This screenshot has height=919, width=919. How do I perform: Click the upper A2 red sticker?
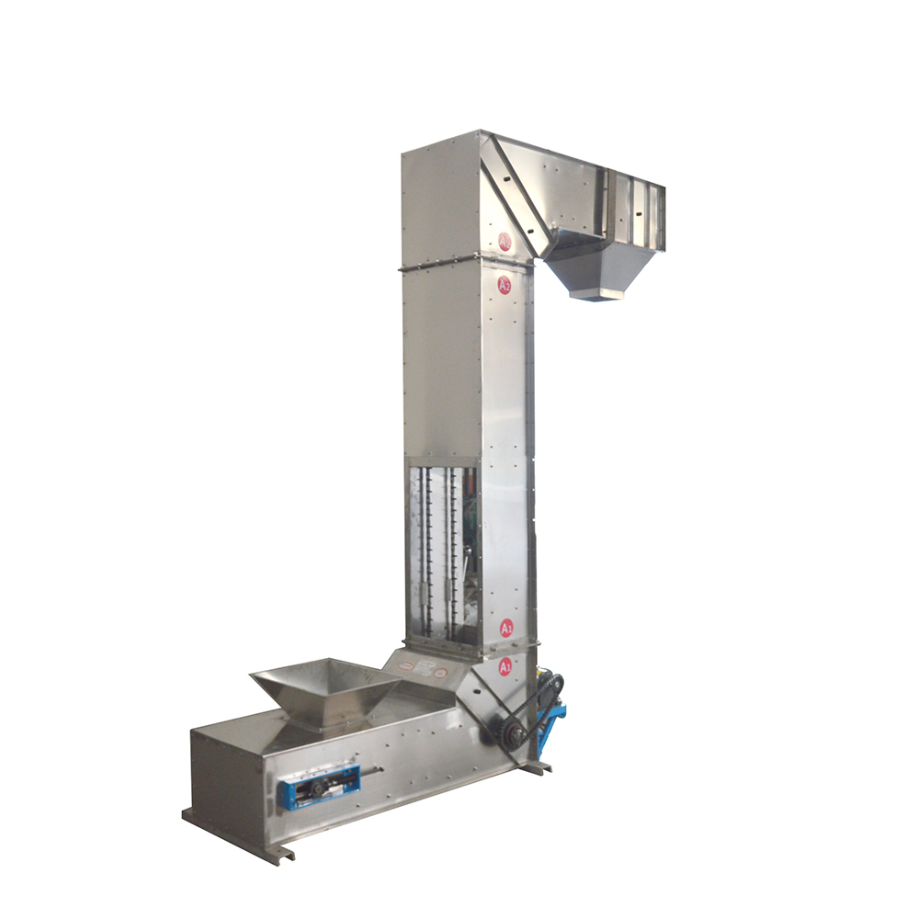pos(505,242)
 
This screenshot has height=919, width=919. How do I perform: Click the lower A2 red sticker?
pos(505,285)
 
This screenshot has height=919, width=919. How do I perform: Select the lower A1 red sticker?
pos(505,668)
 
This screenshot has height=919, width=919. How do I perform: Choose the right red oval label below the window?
pos(445,673)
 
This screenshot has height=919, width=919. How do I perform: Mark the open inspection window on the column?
pos(442,551)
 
